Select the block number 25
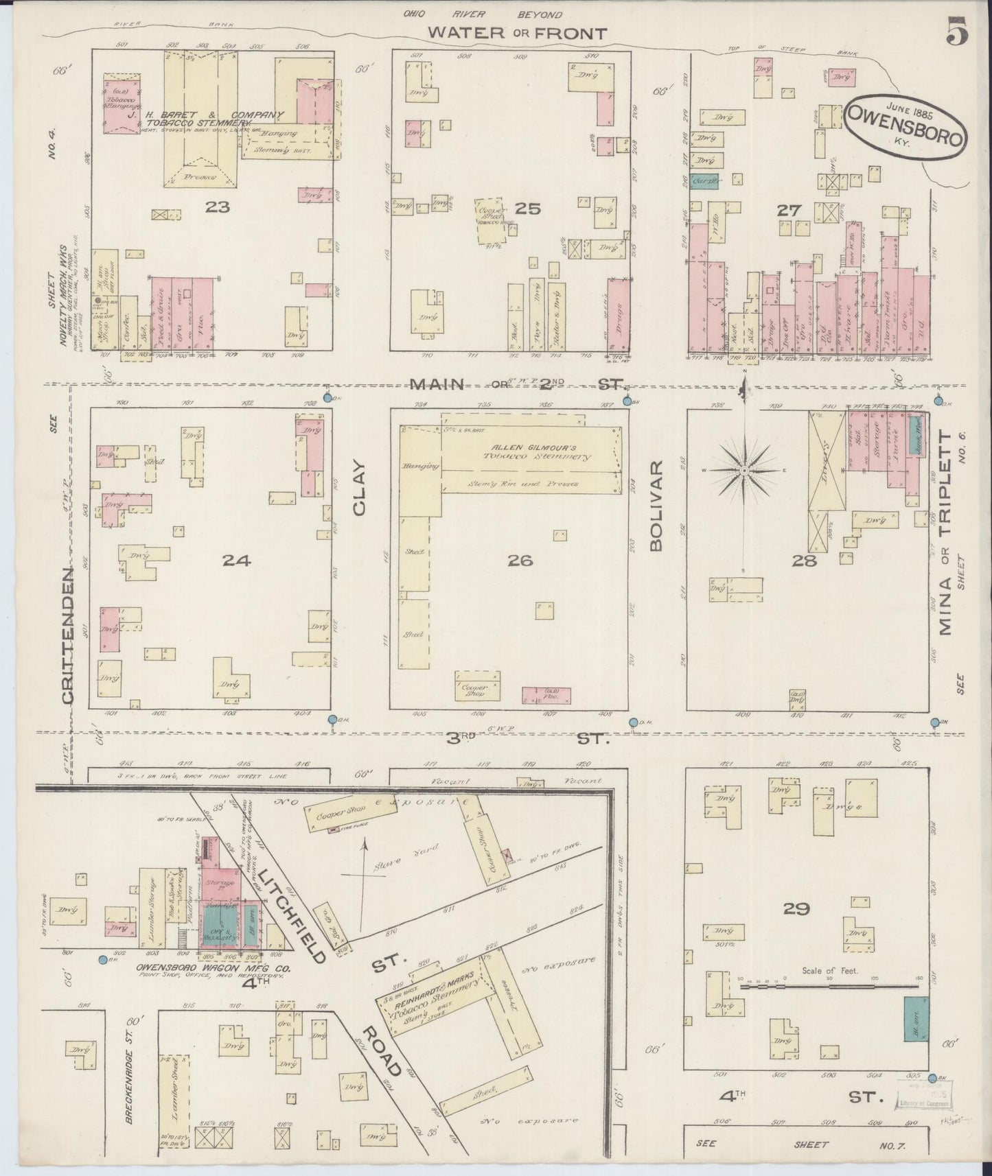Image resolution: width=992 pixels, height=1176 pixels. click(x=527, y=208)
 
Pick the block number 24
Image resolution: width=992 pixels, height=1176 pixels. click(x=235, y=561)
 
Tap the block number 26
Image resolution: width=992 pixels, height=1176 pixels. click(x=520, y=561)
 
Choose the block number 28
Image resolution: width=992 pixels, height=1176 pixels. click(x=805, y=561)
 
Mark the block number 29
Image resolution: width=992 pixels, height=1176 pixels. click(x=796, y=910)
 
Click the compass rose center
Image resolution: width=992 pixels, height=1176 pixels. click(x=744, y=471)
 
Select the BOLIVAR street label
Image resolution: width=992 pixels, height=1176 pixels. click(x=655, y=506)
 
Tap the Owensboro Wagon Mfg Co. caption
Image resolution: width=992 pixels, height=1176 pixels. click(x=214, y=969)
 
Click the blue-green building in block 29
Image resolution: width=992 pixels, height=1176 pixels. click(x=916, y=1019)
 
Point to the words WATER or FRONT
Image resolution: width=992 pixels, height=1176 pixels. click(x=518, y=33)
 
